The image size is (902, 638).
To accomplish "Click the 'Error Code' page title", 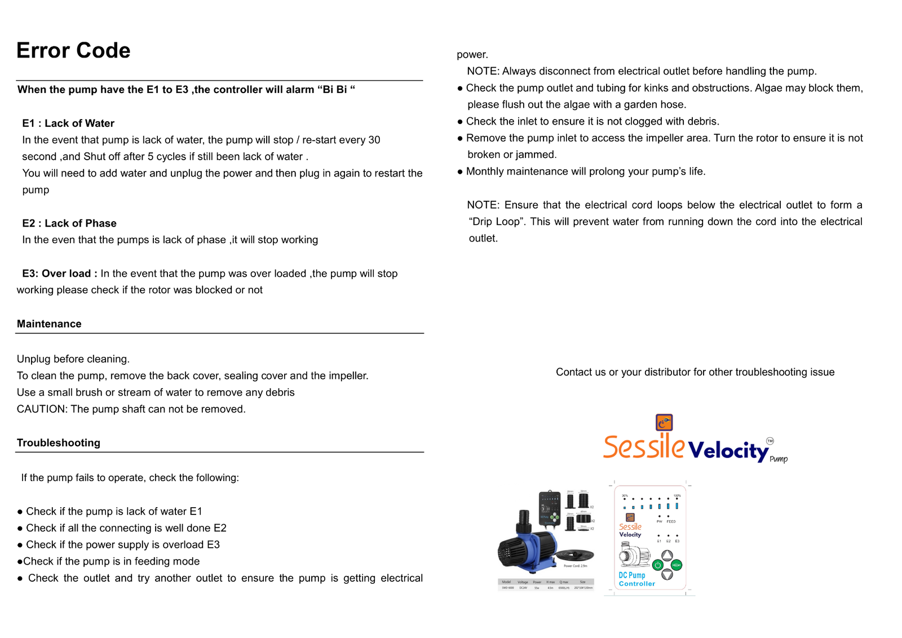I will point(73,51).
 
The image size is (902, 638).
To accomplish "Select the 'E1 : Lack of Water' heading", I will point(68,124).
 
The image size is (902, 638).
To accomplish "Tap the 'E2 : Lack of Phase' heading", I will point(69,223).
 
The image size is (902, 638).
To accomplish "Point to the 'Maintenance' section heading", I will point(49,324).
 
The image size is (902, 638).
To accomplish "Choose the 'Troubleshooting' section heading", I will point(59,443).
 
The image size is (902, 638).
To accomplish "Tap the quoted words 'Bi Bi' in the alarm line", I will point(334,90).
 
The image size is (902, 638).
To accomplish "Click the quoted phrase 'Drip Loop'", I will point(496,222).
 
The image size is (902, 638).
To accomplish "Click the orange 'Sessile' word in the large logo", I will point(644,447).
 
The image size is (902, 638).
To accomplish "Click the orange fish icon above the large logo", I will point(664,422).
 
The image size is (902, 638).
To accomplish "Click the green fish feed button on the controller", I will point(677,565).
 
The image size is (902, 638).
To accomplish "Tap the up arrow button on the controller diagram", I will point(667,556).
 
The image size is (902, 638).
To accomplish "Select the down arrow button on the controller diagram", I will point(667,575).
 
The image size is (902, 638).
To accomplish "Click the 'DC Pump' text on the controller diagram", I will point(631,575).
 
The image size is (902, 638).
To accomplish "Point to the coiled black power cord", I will point(574,555).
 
